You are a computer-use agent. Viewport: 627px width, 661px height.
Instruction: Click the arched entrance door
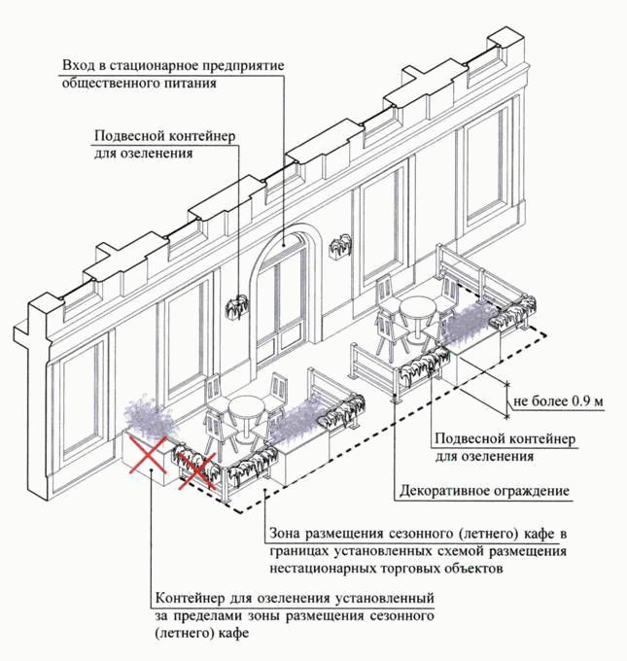point(281,292)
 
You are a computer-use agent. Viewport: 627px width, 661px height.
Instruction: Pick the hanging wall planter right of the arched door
point(342,248)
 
